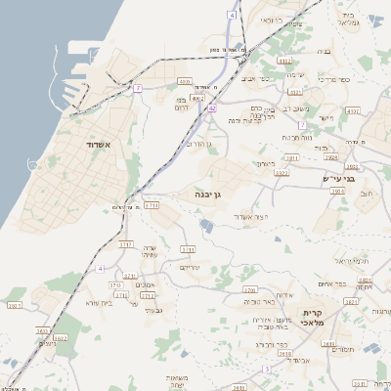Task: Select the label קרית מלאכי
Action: coord(325,318)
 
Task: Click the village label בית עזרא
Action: coord(100,303)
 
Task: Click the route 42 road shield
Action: coord(212,108)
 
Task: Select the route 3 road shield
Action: coord(266,369)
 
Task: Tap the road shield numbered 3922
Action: coord(282,173)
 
